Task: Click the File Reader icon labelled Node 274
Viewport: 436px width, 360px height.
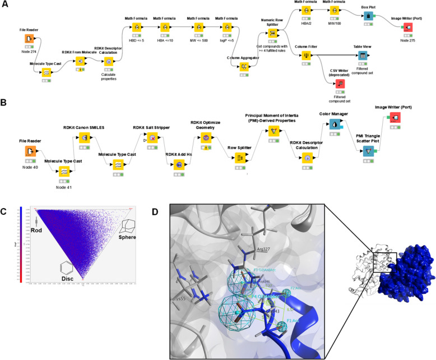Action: (30, 39)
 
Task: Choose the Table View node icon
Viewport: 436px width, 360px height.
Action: (363, 56)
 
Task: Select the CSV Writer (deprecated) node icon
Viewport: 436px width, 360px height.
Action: (340, 84)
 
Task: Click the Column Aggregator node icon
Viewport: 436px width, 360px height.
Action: (244, 66)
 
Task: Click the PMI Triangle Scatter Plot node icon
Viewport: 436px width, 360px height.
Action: (368, 151)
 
